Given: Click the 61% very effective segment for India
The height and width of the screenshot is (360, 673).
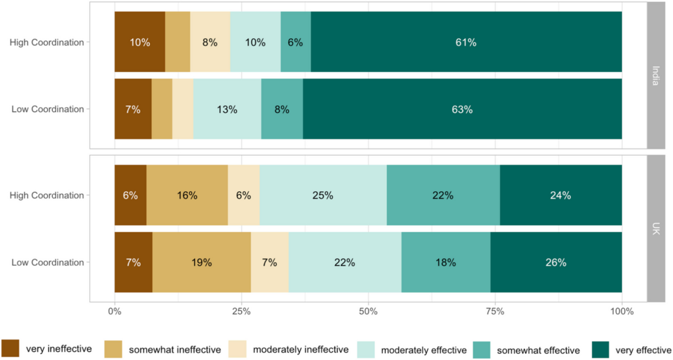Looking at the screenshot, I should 466,42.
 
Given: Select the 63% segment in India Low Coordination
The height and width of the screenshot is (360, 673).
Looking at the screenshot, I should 462,109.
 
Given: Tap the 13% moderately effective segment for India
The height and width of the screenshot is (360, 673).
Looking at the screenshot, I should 227,109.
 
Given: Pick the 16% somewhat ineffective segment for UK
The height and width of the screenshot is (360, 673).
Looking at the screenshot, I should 187,196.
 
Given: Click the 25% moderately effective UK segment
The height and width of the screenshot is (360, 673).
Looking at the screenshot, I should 323,196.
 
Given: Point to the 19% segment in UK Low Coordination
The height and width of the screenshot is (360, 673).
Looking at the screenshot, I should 201,263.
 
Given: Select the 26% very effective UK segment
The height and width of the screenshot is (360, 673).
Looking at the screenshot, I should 556,263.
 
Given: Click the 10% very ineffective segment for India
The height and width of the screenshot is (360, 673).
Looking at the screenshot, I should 140,42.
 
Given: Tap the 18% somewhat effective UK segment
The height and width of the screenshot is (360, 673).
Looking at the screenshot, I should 446,263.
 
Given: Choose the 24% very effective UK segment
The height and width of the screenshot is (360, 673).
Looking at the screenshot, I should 561,196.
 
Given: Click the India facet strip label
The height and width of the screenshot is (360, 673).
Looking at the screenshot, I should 655,75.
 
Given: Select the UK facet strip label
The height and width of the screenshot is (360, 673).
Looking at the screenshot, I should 655,229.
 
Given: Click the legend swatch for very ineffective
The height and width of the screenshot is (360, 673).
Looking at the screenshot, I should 10,349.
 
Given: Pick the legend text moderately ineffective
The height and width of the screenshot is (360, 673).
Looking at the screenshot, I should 301,350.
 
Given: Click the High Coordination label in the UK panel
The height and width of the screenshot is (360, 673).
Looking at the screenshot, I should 47,196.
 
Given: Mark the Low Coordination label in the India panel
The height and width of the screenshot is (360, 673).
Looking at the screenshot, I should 48,109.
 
